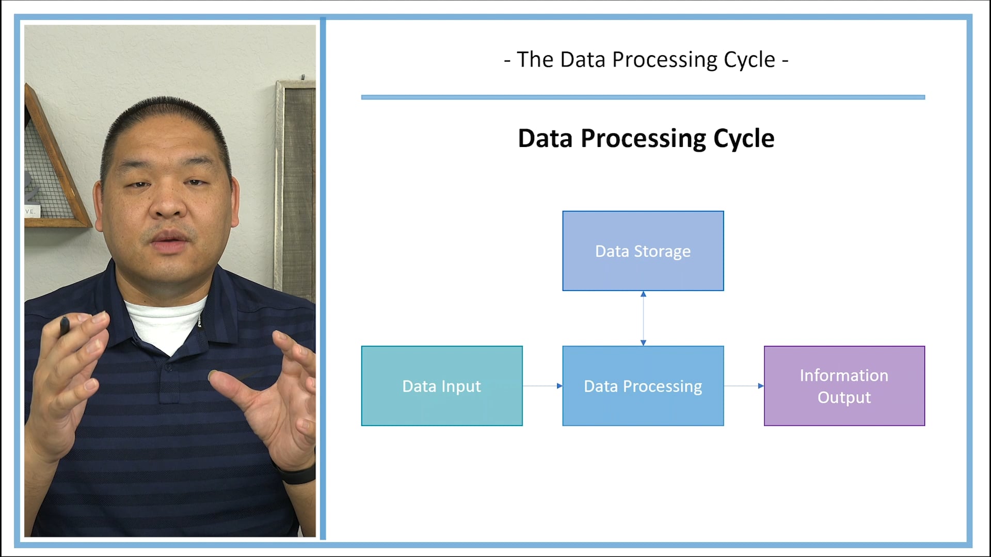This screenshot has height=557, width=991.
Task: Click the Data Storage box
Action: [x=643, y=251]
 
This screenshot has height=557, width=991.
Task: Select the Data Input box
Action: [x=442, y=386]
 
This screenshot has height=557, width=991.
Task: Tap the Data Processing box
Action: [x=643, y=386]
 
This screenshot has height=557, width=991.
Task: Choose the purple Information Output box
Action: [x=844, y=386]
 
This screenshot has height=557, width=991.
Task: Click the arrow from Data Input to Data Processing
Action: [x=542, y=386]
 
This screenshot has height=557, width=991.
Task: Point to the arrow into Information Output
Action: [x=743, y=386]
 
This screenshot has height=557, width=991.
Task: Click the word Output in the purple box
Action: [x=844, y=398]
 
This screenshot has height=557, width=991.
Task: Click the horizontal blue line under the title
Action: [x=643, y=97]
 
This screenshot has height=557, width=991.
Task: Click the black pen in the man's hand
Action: [x=65, y=326]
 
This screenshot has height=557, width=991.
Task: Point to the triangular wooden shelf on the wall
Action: [x=54, y=170]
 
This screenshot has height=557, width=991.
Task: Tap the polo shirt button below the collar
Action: [x=169, y=368]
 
